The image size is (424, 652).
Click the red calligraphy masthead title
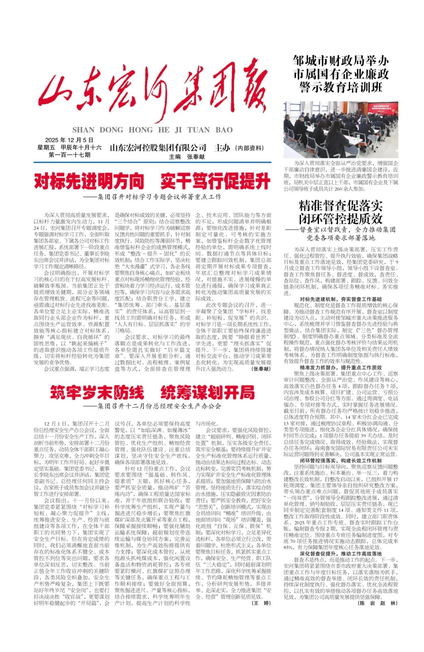[x=152, y=91]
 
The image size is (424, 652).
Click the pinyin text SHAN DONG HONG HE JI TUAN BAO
[x=152, y=130]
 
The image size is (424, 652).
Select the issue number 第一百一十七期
[x=69, y=155]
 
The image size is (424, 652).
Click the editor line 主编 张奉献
[x=186, y=157]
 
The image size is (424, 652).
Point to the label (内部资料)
[x=249, y=148]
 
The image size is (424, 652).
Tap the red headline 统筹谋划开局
[x=208, y=393]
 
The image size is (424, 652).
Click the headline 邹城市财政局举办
[x=341, y=61]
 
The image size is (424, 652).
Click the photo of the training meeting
[x=341, y=129]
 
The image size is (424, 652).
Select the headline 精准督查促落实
[x=341, y=206]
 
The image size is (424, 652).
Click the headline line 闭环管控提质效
[x=341, y=219]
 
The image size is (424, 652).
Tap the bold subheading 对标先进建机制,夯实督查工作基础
[x=341, y=299]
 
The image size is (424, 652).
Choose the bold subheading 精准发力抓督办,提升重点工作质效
[x=341, y=367]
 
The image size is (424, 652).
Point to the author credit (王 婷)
[x=261, y=603]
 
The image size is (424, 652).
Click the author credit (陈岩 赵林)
[x=378, y=603]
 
